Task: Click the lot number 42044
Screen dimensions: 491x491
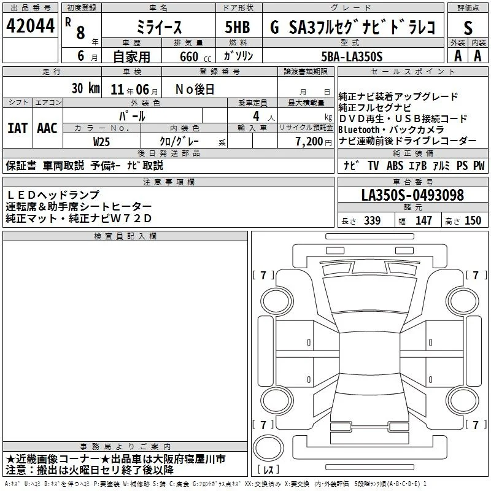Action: (30, 26)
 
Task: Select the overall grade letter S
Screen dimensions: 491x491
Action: (468, 28)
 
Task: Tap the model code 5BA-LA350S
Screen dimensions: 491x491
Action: (352, 56)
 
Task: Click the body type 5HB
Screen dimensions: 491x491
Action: (238, 27)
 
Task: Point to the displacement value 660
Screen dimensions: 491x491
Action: (189, 56)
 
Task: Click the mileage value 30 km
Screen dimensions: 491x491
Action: (86, 88)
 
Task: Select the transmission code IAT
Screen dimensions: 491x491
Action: (17, 128)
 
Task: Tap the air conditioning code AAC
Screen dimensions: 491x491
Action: (47, 128)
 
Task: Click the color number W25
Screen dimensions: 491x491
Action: (101, 142)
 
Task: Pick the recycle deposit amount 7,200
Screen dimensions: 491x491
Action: (309, 142)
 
